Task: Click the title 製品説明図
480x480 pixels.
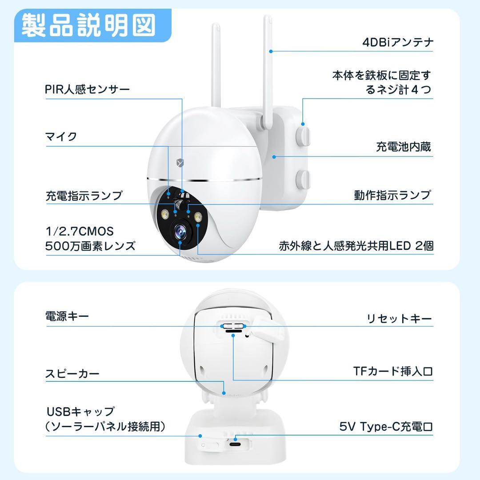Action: tap(89, 26)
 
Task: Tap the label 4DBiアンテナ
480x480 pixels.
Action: tap(397, 42)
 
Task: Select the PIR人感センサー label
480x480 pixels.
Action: tap(88, 89)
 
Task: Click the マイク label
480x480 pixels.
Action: tap(61, 136)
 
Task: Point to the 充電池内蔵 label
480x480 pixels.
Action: tap(403, 147)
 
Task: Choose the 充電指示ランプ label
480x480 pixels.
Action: tap(84, 196)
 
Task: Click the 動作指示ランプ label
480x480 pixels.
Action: tap(392, 195)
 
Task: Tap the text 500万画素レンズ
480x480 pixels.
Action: tap(90, 246)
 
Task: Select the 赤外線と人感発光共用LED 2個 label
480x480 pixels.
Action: tap(356, 246)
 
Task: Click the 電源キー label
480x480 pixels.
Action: tap(67, 316)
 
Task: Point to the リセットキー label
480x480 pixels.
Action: tap(399, 318)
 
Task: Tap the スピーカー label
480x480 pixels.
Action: tap(72, 373)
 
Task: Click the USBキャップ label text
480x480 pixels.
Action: tap(80, 412)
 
